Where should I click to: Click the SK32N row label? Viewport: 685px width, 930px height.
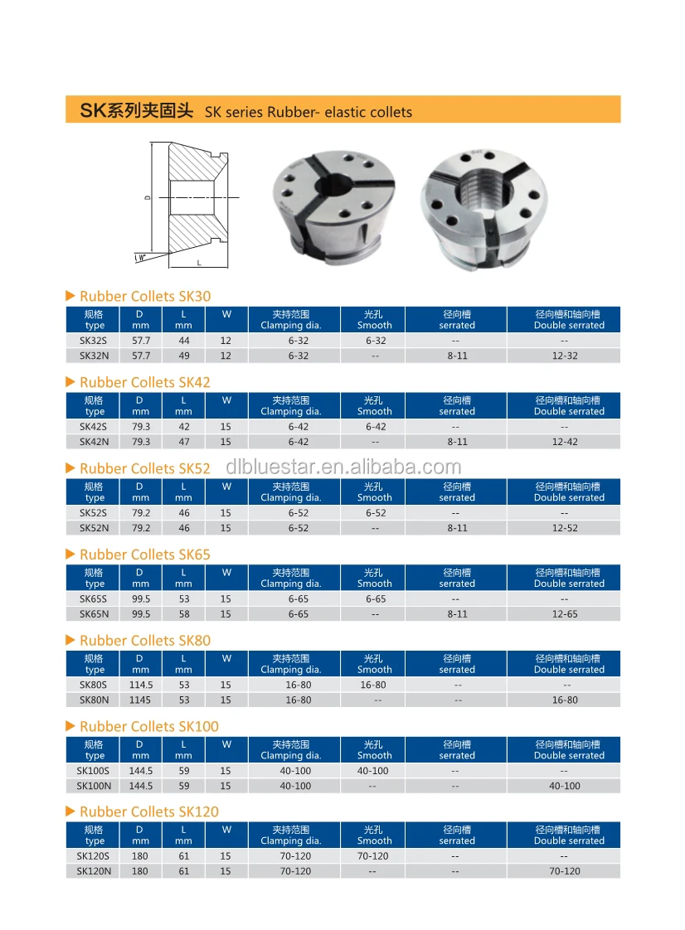tap(95, 356)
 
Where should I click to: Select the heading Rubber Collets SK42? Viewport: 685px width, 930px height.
tap(144, 382)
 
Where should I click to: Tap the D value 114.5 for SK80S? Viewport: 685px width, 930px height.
tap(140, 685)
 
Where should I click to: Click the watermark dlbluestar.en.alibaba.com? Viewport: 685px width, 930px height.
tap(343, 467)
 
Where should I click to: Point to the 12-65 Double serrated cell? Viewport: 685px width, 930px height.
tap(564, 614)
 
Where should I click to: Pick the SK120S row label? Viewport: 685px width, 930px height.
tap(94, 856)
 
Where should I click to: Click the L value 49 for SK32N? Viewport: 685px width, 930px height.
tap(183, 356)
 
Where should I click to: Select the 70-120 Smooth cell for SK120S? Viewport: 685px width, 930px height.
tap(373, 856)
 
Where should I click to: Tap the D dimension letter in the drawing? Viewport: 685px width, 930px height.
tap(147, 197)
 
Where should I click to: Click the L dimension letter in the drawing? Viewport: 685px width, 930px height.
tap(199, 262)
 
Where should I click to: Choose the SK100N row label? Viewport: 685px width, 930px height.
tap(94, 786)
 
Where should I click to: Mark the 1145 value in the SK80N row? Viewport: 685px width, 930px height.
tap(140, 700)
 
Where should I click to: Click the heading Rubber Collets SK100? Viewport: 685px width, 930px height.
tap(148, 726)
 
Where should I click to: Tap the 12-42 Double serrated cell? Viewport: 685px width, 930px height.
tap(564, 442)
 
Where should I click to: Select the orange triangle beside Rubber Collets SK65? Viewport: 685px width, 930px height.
tap(70, 554)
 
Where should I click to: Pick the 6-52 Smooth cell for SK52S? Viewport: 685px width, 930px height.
tap(374, 513)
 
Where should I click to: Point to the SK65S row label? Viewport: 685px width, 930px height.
tap(94, 598)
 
